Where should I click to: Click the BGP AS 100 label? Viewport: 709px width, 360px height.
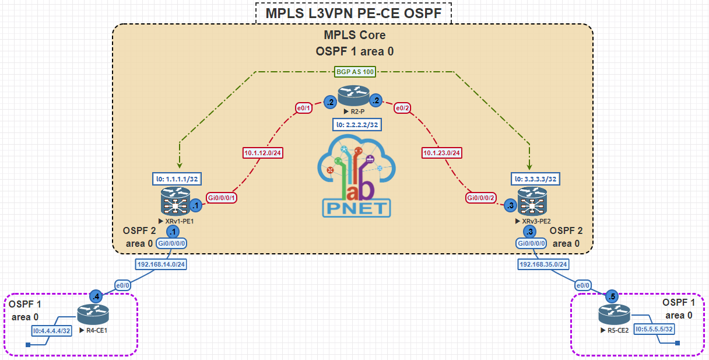point(354,72)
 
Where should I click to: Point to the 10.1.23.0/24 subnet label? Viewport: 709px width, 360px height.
point(442,153)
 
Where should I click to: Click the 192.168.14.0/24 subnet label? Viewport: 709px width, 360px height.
point(160,264)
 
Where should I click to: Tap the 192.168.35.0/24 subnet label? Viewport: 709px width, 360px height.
point(543,264)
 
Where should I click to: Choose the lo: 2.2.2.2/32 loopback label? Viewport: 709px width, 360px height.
point(357,124)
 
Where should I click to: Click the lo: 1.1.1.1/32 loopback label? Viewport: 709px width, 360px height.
point(177,178)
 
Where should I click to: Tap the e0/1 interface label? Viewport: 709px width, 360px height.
point(304,108)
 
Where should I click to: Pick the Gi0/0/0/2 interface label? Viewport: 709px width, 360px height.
point(482,198)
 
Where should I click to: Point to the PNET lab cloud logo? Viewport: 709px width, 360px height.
point(356,176)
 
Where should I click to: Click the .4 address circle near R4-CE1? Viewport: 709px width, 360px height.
point(96,296)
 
